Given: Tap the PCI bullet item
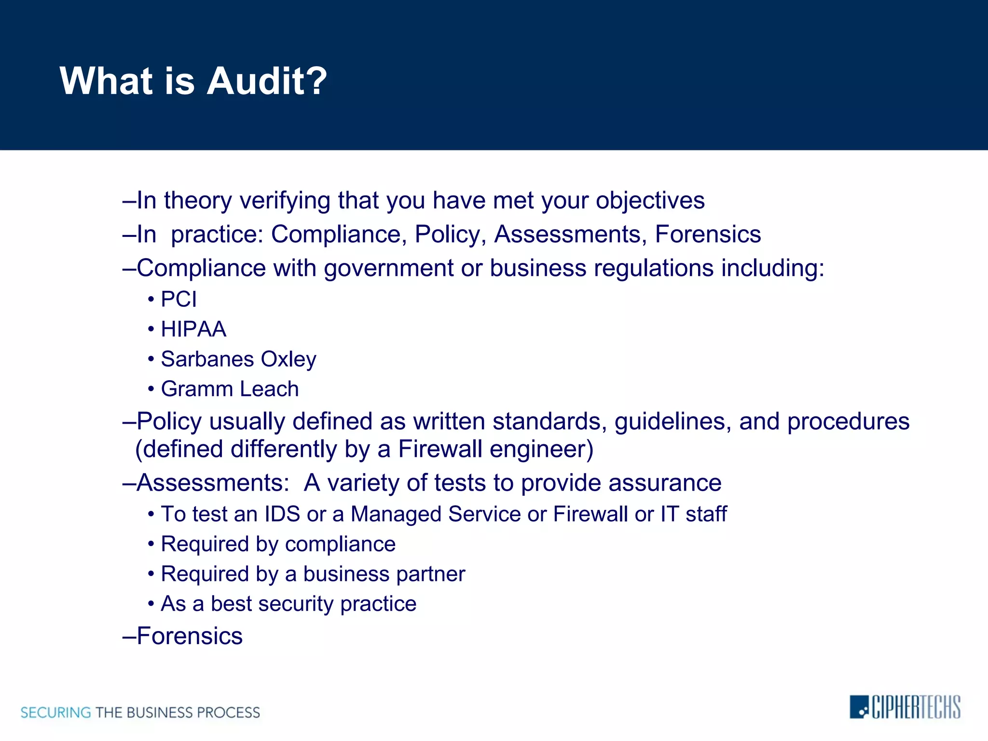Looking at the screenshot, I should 178,300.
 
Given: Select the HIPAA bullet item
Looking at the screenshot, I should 193,329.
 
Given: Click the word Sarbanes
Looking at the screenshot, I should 207,359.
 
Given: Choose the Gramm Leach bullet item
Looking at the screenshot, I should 230,389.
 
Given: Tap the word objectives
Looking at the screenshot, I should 650,201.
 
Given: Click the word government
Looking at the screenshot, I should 389,269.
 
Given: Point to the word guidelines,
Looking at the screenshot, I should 672,422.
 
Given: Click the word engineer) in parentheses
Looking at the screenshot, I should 541,450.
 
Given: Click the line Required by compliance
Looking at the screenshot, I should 278,545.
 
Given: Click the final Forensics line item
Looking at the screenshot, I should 189,636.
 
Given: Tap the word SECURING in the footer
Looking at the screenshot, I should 55,713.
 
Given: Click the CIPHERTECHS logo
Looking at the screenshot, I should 905,707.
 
